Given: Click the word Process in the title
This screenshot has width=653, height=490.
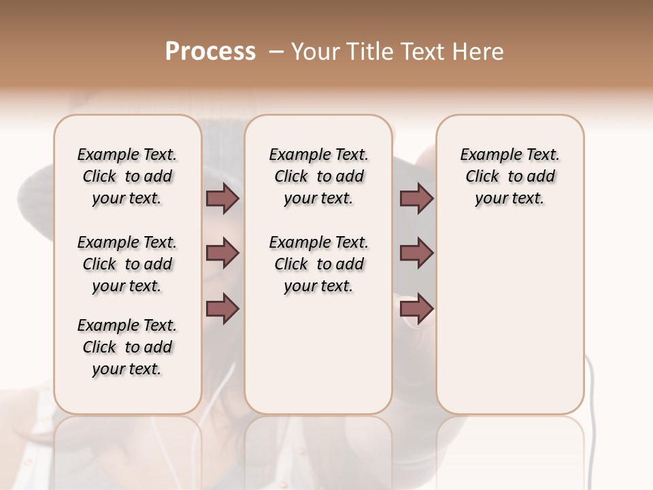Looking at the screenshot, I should tap(210, 52).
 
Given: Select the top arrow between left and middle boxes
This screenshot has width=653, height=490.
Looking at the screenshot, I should tap(222, 198).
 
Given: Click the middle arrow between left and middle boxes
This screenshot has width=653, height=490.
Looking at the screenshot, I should tap(222, 253).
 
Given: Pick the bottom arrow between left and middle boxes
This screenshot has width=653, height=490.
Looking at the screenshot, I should tap(222, 308).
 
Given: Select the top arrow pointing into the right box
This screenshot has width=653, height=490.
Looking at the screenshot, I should tap(417, 198).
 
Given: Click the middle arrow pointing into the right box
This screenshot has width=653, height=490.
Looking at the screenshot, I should tap(417, 253).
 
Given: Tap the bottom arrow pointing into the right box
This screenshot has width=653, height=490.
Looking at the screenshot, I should tap(417, 308).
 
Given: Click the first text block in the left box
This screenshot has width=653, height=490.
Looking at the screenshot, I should tap(127, 176).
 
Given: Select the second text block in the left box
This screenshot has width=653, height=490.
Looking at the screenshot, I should tap(127, 264).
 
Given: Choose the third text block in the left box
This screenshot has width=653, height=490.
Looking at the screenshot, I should tap(127, 347).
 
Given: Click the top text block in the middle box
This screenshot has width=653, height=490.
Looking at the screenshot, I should tap(318, 176).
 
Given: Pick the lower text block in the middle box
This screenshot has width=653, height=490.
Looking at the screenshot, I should tap(318, 264).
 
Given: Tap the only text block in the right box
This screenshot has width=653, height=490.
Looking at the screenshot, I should tap(509, 176).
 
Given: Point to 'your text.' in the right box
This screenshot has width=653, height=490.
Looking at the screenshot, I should tap(509, 199).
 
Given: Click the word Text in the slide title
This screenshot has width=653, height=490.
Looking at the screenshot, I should tap(421, 52).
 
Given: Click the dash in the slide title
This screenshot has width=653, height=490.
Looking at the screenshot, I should tap(276, 52).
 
